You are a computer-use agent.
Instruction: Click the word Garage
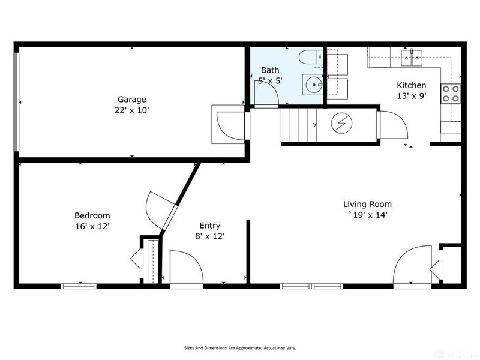tap(131, 100)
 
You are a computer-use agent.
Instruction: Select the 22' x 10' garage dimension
tap(131, 110)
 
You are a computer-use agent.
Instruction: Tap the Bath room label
tap(269, 70)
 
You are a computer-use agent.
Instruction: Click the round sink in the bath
tap(313, 85)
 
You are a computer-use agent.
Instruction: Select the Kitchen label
tap(412, 85)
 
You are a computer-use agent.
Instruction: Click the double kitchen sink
tap(414, 58)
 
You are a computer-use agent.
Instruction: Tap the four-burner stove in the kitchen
tap(451, 93)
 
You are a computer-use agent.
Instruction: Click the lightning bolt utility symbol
tap(341, 124)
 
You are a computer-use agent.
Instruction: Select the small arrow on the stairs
tap(314, 125)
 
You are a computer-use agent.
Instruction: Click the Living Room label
tap(367, 204)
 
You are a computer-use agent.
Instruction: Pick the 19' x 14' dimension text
tap(367, 215)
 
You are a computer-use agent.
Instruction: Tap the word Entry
tap(209, 226)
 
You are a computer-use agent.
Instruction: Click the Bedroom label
tap(92, 215)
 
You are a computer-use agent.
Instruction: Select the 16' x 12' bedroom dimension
tap(92, 226)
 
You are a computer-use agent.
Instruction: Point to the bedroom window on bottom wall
tap(79, 286)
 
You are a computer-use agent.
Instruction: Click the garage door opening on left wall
tap(17, 103)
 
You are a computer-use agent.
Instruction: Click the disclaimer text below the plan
tap(239, 347)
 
